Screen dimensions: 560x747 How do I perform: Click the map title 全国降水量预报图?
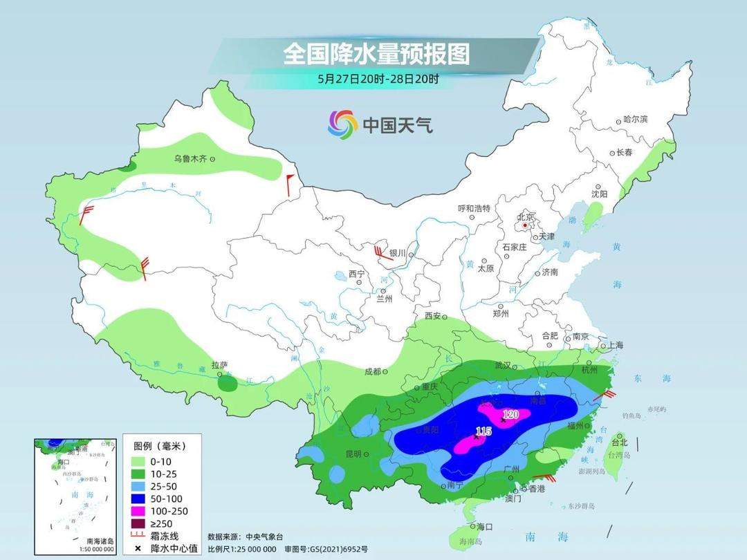tap(376, 53)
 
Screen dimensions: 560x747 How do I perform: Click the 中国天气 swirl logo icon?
tap(342, 124)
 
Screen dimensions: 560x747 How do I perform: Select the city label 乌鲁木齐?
tap(190, 159)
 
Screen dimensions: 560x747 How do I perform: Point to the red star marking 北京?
tap(526, 225)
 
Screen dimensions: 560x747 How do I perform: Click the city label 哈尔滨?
tap(635, 120)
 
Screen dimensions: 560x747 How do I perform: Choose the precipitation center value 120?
tap(510, 414)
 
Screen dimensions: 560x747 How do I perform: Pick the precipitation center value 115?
tap(483, 431)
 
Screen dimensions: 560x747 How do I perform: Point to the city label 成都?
tap(372, 371)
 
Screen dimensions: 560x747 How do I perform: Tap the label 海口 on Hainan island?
tap(484, 527)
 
